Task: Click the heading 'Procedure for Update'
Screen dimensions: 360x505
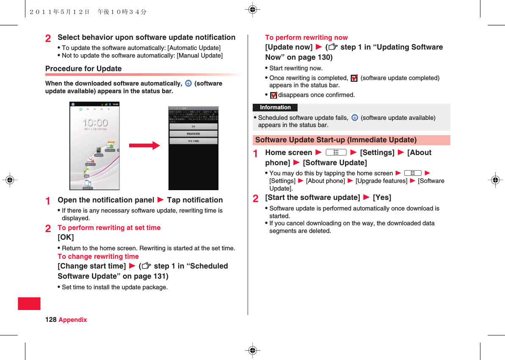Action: point(83,69)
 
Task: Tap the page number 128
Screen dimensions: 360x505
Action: point(50,320)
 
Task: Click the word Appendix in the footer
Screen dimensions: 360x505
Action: point(73,320)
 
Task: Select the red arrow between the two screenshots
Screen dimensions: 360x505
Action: point(144,146)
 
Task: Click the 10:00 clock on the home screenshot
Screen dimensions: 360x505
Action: point(95,123)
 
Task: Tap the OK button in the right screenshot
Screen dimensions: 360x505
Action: point(193,126)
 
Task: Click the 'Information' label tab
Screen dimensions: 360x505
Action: point(275,108)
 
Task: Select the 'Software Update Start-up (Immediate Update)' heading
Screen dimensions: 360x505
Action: point(336,140)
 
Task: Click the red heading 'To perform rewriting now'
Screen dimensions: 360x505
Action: point(306,38)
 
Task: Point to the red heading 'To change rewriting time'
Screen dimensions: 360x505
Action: point(98,257)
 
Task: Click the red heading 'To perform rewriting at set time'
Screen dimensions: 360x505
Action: point(109,228)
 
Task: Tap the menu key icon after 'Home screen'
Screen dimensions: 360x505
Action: point(337,152)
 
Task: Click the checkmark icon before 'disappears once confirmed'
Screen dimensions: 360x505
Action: point(273,95)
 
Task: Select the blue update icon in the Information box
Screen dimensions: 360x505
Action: point(355,118)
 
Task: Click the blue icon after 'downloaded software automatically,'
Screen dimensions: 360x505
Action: point(188,83)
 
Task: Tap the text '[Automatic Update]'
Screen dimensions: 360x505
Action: point(194,48)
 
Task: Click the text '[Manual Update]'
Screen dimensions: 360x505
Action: point(199,55)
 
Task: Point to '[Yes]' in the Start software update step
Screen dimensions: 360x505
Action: point(382,198)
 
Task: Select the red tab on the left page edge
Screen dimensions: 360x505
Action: point(29,304)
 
